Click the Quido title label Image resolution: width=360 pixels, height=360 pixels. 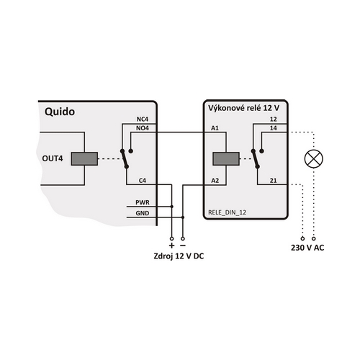pyautogui.click(x=60, y=112)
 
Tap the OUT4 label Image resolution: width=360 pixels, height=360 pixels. pyautogui.click(x=53, y=158)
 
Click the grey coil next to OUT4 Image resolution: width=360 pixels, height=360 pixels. pyautogui.click(x=84, y=158)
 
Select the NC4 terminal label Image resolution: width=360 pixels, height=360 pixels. pyautogui.click(x=143, y=119)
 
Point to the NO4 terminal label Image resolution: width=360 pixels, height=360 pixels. pyautogui.click(x=143, y=128)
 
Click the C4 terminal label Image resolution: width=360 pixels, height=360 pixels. pyautogui.click(x=143, y=181)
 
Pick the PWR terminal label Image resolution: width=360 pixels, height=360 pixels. pyautogui.click(x=143, y=202)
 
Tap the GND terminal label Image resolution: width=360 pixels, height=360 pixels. pyautogui.click(x=143, y=213)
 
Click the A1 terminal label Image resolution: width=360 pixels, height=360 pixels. pyautogui.click(x=215, y=128)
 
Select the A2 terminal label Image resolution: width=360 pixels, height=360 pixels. pyautogui.click(x=215, y=181)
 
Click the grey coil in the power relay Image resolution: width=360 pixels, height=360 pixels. pyautogui.click(x=226, y=158)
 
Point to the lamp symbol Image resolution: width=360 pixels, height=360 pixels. pyautogui.click(x=314, y=158)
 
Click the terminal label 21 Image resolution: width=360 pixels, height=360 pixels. pyautogui.click(x=273, y=181)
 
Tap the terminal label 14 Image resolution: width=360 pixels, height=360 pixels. pyautogui.click(x=273, y=128)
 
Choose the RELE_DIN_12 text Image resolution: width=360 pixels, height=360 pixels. pyautogui.click(x=227, y=212)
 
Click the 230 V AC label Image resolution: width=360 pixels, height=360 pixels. pyautogui.click(x=307, y=248)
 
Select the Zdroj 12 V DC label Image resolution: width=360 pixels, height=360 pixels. pyautogui.click(x=179, y=256)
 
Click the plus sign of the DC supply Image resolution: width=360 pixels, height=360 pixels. pyautogui.click(x=171, y=246)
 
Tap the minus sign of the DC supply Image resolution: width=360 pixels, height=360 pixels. pyautogui.click(x=183, y=246)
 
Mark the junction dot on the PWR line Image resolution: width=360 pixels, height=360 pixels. pyautogui.click(x=171, y=207)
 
